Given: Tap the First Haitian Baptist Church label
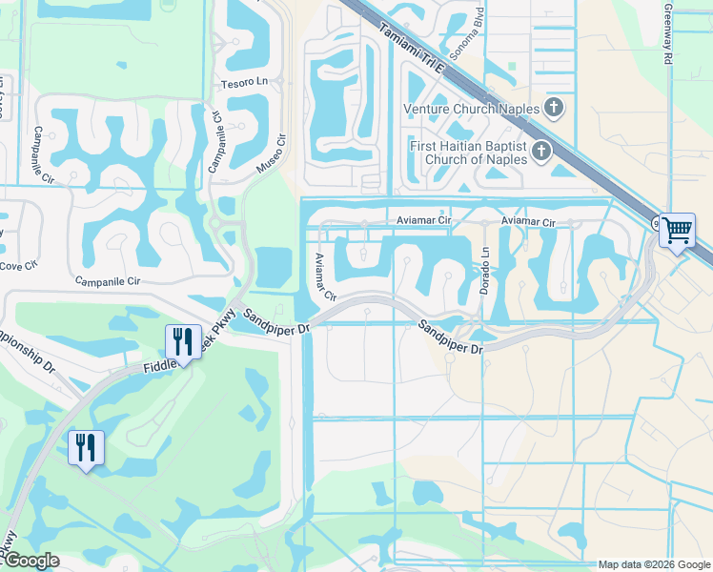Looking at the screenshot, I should click(467, 153).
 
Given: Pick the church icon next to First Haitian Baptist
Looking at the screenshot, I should click(540, 151).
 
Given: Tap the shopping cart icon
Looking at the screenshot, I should click(677, 229).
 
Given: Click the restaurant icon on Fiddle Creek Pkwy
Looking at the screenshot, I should click(181, 340).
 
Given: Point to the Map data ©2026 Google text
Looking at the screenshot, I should click(653, 564).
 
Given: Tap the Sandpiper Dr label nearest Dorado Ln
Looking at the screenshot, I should click(450, 337).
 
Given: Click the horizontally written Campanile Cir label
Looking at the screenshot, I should click(109, 282).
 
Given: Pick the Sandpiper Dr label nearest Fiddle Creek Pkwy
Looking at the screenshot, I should click(277, 321).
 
